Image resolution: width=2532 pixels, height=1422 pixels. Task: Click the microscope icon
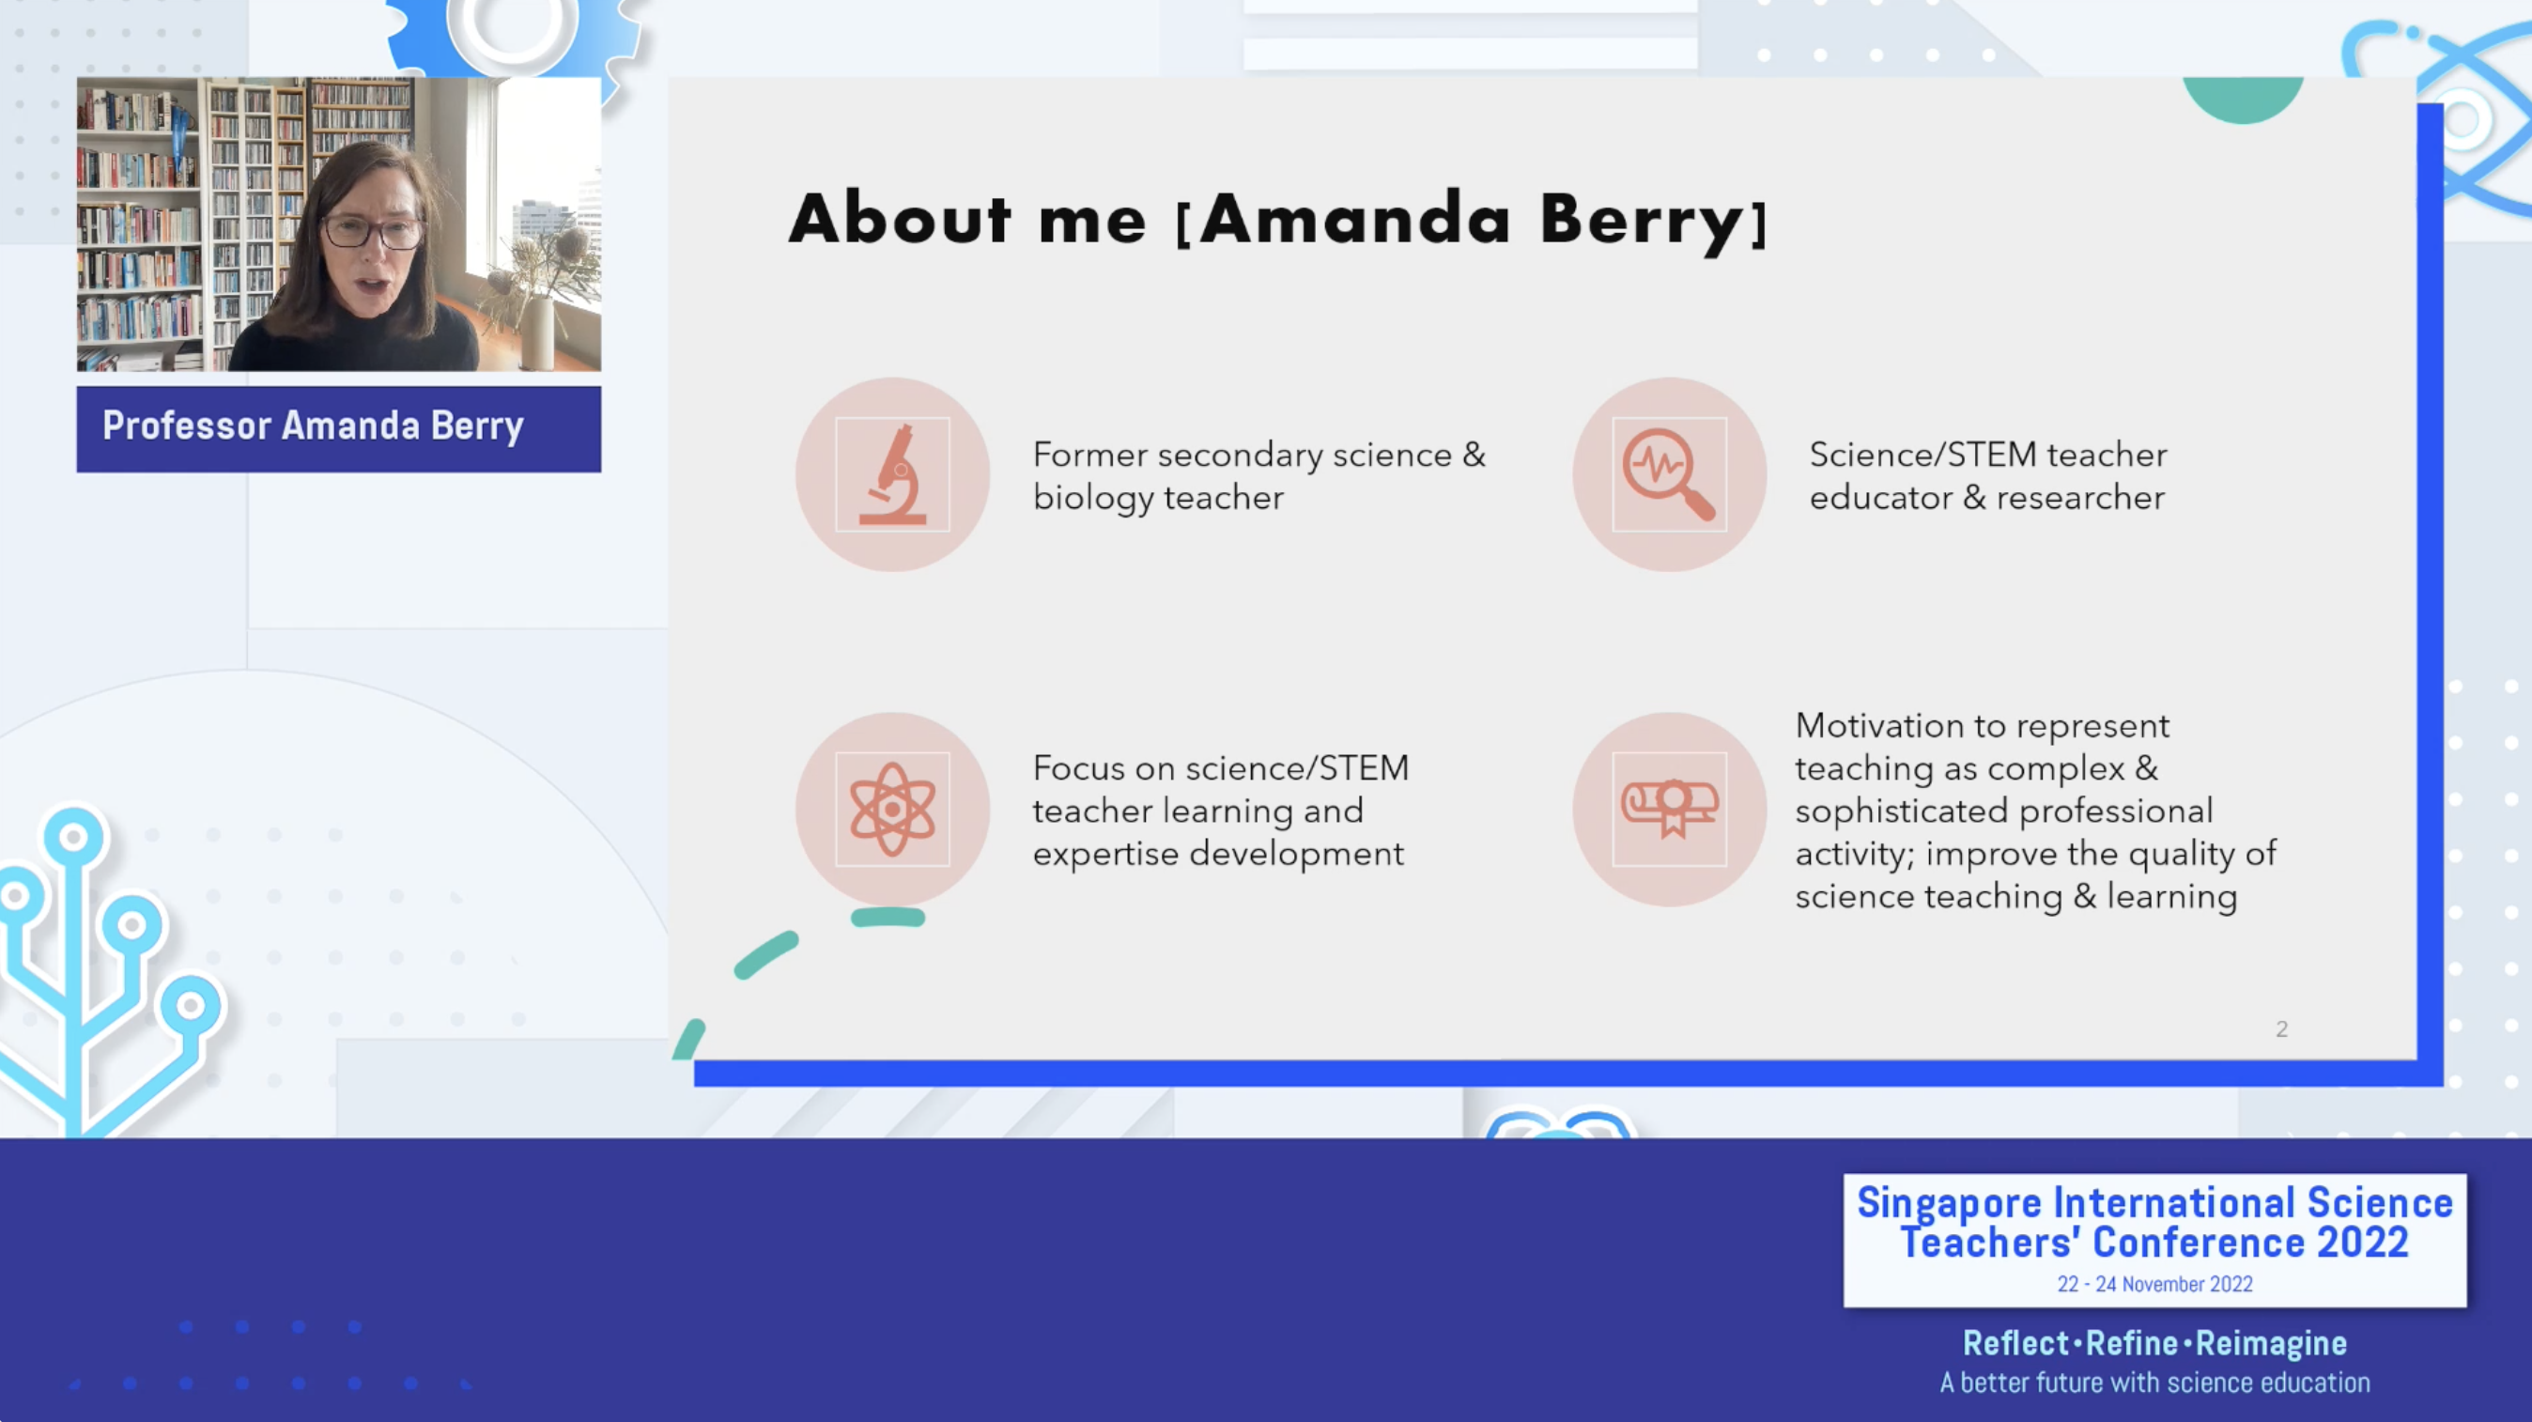(892, 474)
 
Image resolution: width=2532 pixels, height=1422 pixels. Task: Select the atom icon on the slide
(892, 809)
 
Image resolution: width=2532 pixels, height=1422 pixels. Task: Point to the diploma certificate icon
(1669, 809)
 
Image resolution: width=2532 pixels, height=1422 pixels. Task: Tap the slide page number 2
(2281, 1028)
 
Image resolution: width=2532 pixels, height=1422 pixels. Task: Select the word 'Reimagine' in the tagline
(2271, 1343)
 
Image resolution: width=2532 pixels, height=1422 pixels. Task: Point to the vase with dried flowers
(535, 295)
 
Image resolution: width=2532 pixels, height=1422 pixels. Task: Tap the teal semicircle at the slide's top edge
(2242, 100)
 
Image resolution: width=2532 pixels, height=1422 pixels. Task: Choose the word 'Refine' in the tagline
(2131, 1343)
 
